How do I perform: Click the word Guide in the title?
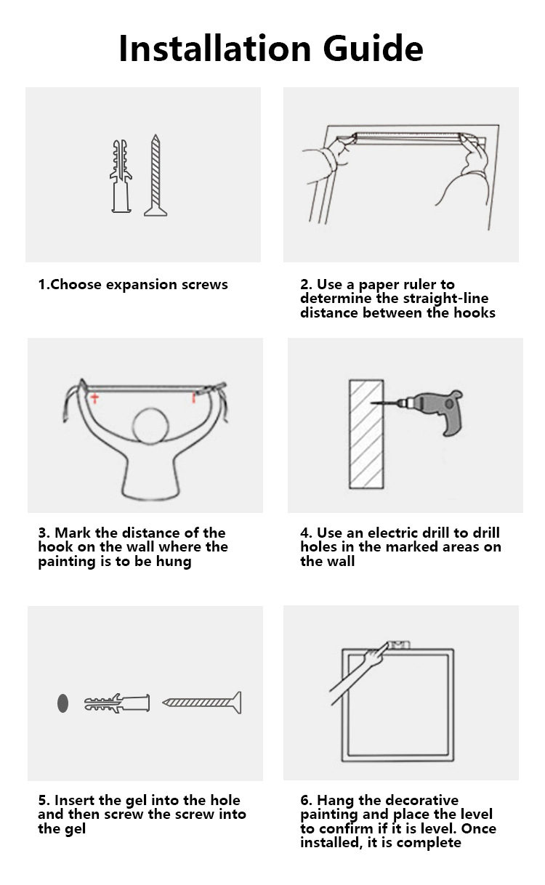373,48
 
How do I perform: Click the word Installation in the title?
214,48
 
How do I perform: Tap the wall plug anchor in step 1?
121,177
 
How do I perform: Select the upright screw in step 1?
156,175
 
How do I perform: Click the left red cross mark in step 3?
94,398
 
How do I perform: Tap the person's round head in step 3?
150,427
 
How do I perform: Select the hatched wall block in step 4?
366,434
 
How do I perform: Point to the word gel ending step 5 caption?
74,829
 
